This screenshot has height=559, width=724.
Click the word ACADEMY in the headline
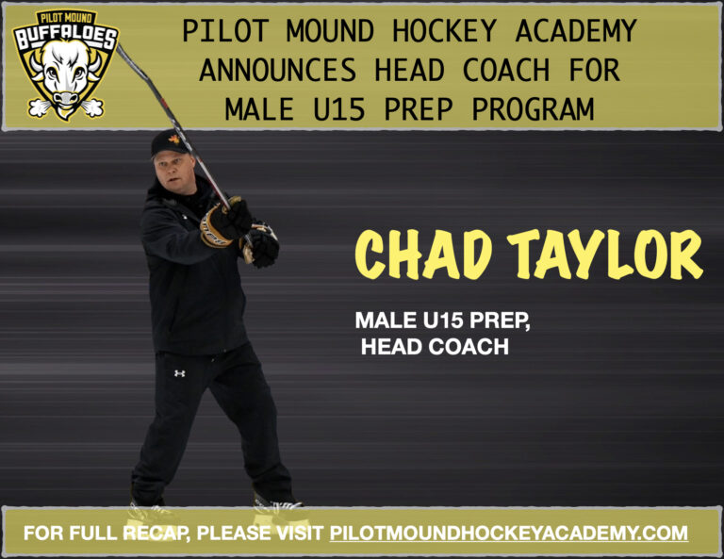[x=576, y=31]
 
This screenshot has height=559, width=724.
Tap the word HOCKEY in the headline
[x=450, y=31]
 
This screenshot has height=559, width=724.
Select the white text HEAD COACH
[x=435, y=347]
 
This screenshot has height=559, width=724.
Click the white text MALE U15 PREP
[x=442, y=321]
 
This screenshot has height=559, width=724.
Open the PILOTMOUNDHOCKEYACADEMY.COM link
[x=508, y=534]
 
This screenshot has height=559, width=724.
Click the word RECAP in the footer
[x=152, y=534]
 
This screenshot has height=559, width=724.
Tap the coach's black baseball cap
[x=171, y=142]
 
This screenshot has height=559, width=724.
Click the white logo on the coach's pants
[x=179, y=373]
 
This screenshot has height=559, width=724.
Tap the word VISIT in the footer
[x=295, y=534]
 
